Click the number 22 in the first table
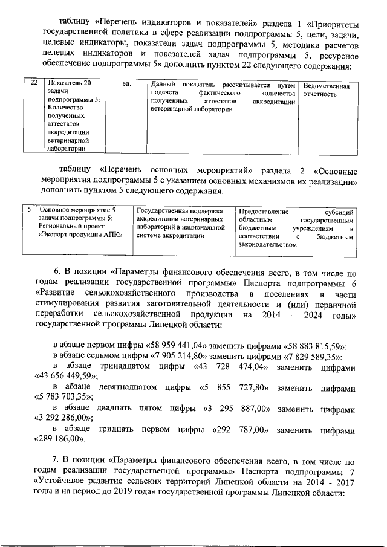coord(34,84)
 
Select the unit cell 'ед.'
coord(127,85)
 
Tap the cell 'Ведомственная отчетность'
coord(326,90)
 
